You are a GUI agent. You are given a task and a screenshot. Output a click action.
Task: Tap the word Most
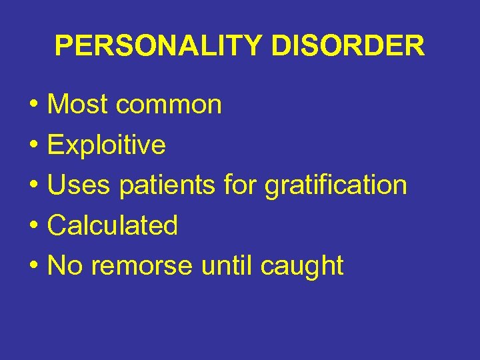(x=77, y=105)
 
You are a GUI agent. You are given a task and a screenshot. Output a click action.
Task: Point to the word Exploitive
(x=107, y=145)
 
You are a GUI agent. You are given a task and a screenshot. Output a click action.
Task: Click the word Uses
(x=79, y=185)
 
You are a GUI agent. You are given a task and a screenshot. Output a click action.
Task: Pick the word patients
(x=167, y=185)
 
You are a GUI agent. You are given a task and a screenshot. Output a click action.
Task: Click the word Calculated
(x=113, y=225)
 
